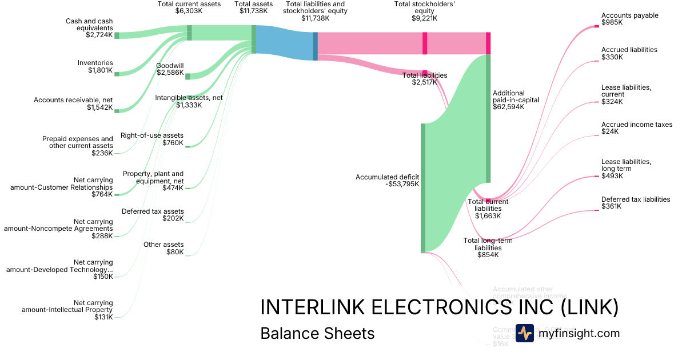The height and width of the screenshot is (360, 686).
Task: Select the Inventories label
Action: [x=95, y=63]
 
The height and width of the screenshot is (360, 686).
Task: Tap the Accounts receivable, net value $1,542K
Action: [x=99, y=107]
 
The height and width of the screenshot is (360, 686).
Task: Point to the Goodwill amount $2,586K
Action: [x=170, y=73]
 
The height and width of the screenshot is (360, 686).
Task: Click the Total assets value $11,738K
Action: [x=253, y=11]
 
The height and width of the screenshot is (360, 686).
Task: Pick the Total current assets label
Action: [x=189, y=4]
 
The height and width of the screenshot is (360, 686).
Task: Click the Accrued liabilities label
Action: [x=629, y=50]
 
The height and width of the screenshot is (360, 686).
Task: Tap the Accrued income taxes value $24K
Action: [x=610, y=131]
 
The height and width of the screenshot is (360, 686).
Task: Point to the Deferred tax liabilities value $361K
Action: [x=611, y=206]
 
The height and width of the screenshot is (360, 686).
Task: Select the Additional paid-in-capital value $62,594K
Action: [x=508, y=106]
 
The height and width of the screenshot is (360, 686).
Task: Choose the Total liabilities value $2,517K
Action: [x=424, y=82]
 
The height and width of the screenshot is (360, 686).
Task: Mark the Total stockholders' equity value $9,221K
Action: [x=425, y=18]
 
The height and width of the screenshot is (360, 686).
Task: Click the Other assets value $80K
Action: [x=175, y=252]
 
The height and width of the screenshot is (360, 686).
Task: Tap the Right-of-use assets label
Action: [x=152, y=135]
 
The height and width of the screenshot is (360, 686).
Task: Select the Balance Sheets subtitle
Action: [x=317, y=333]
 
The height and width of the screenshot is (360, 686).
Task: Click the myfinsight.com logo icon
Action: [x=524, y=333]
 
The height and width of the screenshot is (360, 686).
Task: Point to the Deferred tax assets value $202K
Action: [x=173, y=218]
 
